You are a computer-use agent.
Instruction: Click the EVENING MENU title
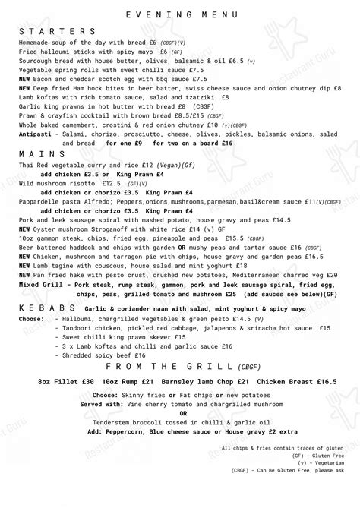[179, 14]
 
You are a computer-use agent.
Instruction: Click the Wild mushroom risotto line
[69, 182]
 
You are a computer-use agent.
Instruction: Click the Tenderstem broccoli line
[179, 422]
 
